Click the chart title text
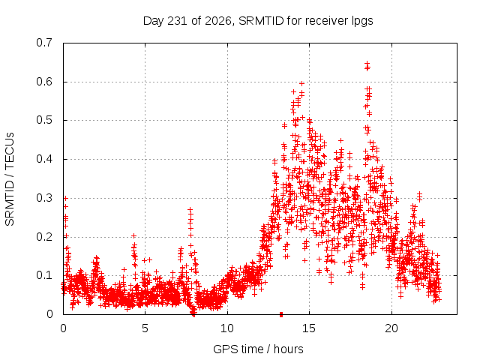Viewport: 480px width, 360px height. [x=258, y=21]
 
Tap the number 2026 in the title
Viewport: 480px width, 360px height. [x=218, y=21]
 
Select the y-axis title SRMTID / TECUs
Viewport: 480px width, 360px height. [x=10, y=179]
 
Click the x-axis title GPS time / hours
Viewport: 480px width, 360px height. [x=258, y=349]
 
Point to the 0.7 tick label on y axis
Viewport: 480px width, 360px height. [x=44, y=43]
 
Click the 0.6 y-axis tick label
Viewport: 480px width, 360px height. [x=44, y=82]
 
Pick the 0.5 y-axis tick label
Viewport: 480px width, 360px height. [x=44, y=120]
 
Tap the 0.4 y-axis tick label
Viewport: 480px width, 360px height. [x=44, y=159]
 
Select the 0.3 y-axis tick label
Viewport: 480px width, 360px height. [x=44, y=198]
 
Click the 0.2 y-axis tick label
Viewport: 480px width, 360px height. [x=44, y=237]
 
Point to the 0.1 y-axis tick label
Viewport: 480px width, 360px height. [x=44, y=275]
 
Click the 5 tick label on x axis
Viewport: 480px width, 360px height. [x=145, y=328]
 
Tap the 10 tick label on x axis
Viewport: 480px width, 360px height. [x=227, y=328]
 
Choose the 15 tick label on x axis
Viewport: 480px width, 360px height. [x=309, y=328]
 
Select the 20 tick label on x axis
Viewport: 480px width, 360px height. [x=391, y=328]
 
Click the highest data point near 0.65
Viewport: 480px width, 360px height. [x=367, y=64]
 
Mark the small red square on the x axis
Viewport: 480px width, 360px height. [x=281, y=314]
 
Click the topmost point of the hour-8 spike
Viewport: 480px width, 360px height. [x=190, y=210]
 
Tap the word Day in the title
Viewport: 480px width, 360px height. [x=154, y=22]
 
